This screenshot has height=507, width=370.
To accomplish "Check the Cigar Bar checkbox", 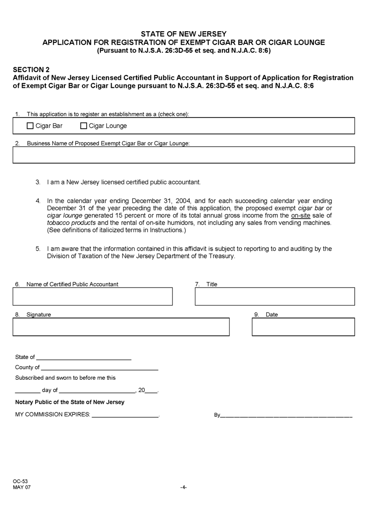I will [30, 126].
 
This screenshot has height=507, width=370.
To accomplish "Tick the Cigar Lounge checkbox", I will [83, 126].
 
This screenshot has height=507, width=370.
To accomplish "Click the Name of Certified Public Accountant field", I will [93, 296].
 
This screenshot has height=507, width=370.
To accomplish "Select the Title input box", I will [274, 296].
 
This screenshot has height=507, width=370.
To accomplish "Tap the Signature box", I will [121, 327].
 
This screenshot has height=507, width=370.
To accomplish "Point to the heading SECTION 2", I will [31, 70].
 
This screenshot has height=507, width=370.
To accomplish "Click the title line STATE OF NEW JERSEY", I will [183, 34].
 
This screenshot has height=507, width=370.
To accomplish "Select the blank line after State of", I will [84, 358].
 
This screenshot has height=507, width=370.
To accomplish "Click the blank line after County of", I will [99, 368].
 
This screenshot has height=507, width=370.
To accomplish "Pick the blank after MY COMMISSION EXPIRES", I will [125, 415].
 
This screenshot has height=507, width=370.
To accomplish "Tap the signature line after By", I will [286, 416].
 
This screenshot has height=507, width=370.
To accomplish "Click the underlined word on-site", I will [300, 215].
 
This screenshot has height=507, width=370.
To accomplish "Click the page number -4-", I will [183, 487].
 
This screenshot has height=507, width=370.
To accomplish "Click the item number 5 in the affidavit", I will [38, 249].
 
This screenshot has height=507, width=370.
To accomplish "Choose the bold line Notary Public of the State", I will [70, 402].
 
